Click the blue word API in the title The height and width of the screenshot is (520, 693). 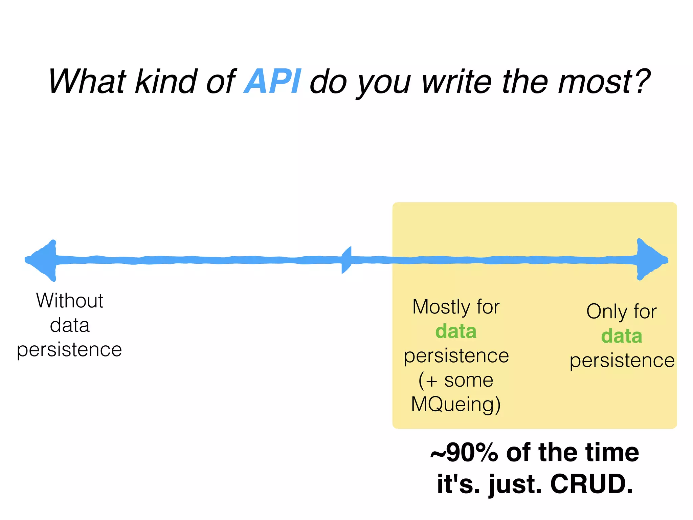click(272, 81)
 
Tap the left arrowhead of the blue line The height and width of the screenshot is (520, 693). click(42, 260)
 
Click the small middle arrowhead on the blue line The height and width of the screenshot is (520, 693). click(347, 260)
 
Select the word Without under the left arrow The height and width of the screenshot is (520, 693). click(70, 301)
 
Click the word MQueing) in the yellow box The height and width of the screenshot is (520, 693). click(456, 404)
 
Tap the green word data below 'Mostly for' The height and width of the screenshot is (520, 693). click(456, 331)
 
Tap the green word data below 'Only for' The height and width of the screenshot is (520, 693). click(622, 336)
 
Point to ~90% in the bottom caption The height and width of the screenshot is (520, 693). click(464, 453)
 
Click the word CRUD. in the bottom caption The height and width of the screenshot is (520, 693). click(591, 484)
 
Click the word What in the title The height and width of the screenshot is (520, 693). click(87, 81)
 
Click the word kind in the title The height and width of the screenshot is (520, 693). click(166, 81)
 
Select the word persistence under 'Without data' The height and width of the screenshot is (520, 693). click(69, 350)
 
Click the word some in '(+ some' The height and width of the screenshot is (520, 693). click(469, 380)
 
